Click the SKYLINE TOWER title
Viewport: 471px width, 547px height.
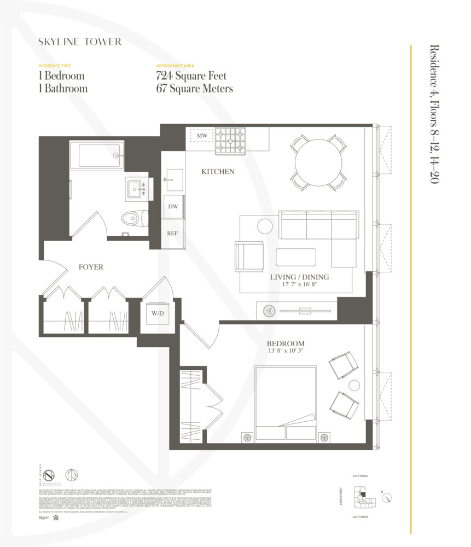tap(79, 42)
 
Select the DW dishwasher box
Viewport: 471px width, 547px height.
tap(173, 207)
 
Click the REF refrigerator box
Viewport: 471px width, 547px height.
tap(173, 233)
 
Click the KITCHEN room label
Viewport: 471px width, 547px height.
tap(218, 172)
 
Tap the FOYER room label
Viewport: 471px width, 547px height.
tap(91, 267)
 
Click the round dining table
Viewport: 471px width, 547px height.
tap(319, 162)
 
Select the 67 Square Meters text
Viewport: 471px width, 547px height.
tap(194, 89)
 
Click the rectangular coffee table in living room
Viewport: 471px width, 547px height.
tap(295, 257)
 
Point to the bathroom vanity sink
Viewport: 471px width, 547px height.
tap(135, 189)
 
